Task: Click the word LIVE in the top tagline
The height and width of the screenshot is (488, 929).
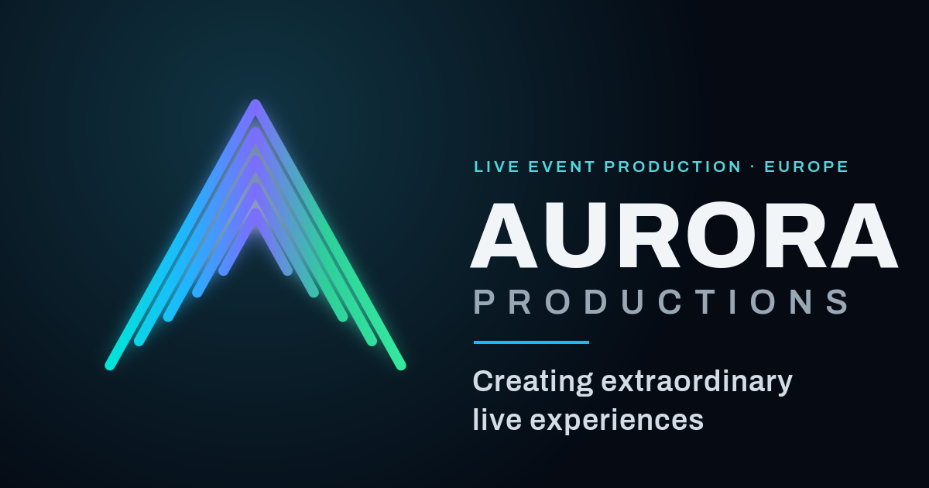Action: point(496,167)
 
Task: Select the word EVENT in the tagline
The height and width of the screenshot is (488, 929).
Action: point(562,167)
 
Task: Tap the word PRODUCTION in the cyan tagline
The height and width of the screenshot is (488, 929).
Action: point(673,167)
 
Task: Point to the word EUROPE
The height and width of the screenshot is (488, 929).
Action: point(806,167)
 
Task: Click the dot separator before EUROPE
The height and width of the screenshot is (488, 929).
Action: point(752,167)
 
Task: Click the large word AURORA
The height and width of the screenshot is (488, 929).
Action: point(684,235)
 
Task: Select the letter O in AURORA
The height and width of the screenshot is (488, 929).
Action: point(721,235)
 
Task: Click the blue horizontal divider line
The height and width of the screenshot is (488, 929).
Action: point(531,342)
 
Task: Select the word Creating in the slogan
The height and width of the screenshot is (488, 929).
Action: point(533,383)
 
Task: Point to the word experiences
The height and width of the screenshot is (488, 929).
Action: point(617,421)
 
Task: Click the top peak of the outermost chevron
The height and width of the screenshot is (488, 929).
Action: point(255,103)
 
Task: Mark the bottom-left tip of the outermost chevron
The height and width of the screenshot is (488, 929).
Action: point(110,365)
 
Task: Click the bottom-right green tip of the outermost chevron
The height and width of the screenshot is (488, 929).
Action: point(401,365)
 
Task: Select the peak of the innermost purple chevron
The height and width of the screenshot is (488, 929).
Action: point(255,212)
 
